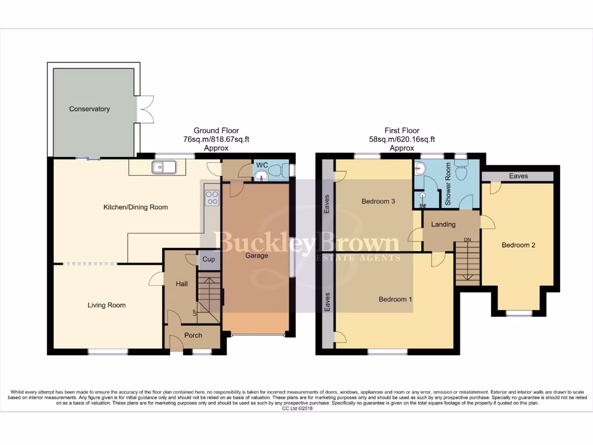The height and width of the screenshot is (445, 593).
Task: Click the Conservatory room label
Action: [x=89, y=109]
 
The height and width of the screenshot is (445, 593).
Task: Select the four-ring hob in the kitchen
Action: [x=211, y=198]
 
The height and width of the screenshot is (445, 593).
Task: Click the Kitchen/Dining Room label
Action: [x=127, y=207]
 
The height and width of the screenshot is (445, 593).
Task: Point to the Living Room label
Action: [x=107, y=305]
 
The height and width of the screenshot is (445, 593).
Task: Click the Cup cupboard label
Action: [x=208, y=260]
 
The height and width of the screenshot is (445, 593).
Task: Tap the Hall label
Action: [x=180, y=283]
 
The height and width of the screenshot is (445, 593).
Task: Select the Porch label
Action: [x=193, y=335]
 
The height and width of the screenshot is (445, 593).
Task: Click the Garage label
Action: [x=256, y=256]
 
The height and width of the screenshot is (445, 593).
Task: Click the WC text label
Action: [x=262, y=165]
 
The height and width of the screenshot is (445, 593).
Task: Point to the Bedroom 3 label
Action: [x=378, y=202]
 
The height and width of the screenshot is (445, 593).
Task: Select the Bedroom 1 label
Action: [x=396, y=300]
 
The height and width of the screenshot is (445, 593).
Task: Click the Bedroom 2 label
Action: [x=518, y=245]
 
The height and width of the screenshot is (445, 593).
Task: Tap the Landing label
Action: [x=444, y=224]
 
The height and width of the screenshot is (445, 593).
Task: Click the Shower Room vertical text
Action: [x=448, y=184]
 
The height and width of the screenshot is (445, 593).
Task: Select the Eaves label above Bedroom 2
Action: [x=518, y=176]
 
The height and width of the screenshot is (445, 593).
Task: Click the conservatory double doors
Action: [x=145, y=109]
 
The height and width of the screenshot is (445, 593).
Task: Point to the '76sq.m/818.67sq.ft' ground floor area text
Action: [x=216, y=140]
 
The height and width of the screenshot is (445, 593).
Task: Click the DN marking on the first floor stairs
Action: [x=467, y=240]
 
